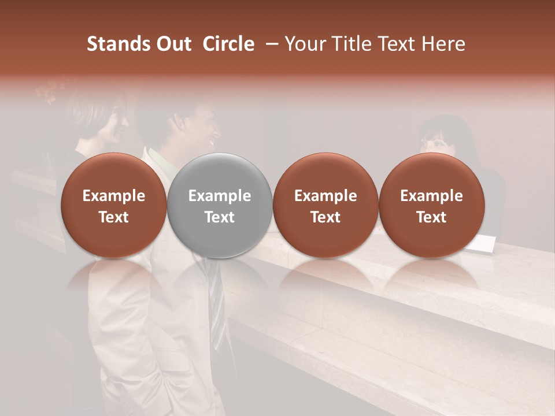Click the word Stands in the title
pyautogui.click(x=119, y=44)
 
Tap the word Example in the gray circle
pyautogui.click(x=220, y=196)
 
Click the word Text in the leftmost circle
pyautogui.click(x=113, y=217)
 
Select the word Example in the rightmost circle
pyautogui.click(x=431, y=196)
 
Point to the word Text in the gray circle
pyautogui.click(x=220, y=217)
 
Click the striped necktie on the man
pyautogui.click(x=215, y=300)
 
